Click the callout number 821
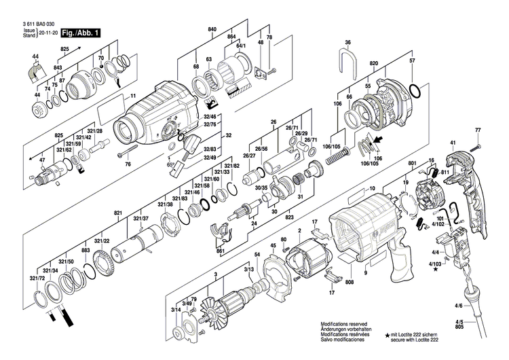(x=118, y=213)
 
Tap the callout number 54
(x=257, y=255)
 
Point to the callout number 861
(x=221, y=251)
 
